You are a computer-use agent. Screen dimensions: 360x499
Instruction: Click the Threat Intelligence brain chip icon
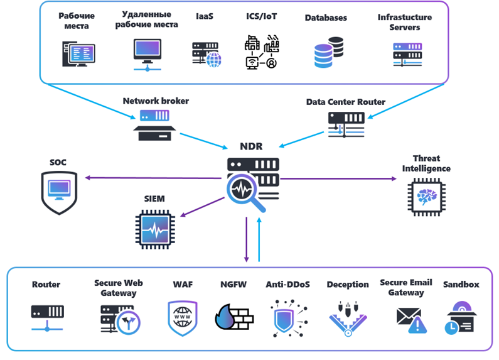pyautogui.click(x=427, y=196)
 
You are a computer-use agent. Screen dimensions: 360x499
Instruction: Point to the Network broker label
pyautogui.click(x=156, y=101)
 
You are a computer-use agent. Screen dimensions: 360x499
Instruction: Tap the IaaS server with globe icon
pyautogui.click(x=206, y=55)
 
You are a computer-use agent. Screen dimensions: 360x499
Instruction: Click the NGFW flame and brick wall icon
pyautogui.click(x=233, y=318)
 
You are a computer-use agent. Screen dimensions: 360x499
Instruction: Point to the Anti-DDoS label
pyautogui.click(x=286, y=285)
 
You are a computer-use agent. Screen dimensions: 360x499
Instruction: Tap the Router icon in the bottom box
pyautogui.click(x=46, y=317)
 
